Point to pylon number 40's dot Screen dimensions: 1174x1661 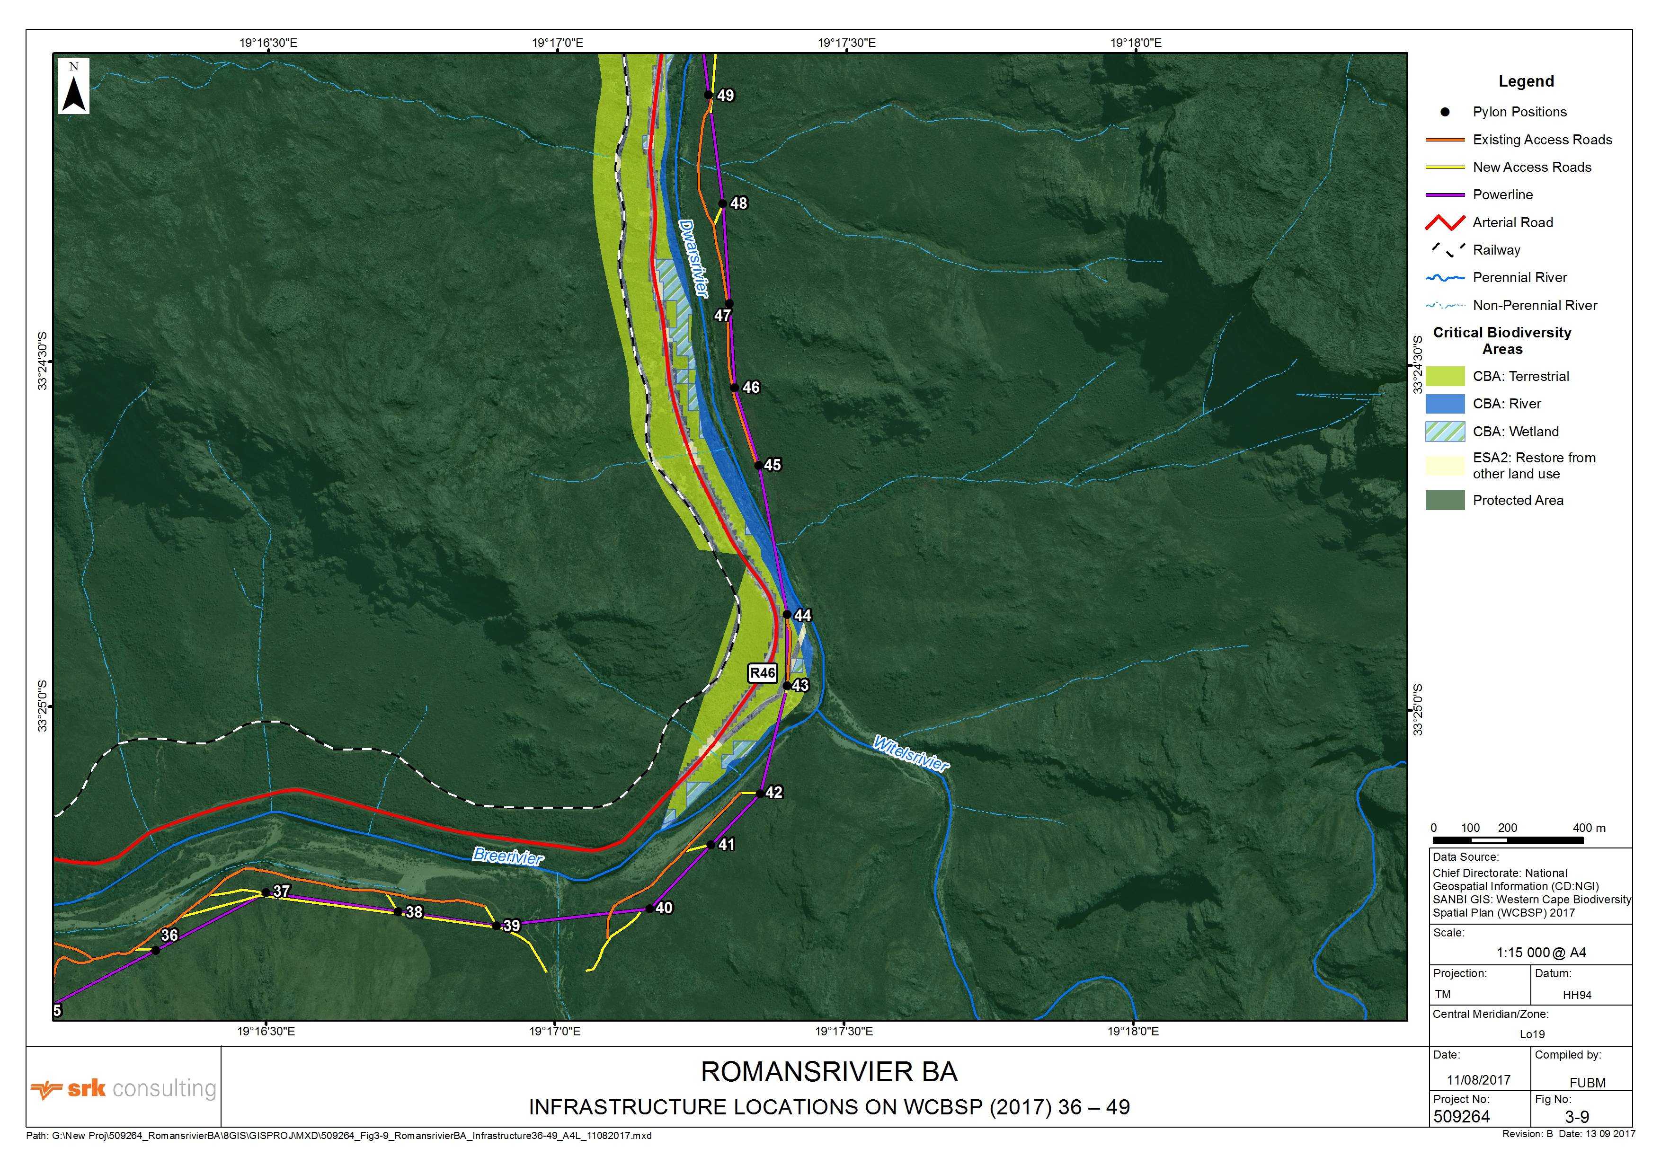[x=649, y=909]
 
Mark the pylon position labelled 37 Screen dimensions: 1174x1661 [x=266, y=892]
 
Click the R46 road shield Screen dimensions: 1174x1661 [x=763, y=673]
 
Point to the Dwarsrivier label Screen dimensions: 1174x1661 [x=693, y=258]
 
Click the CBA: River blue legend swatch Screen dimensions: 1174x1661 [x=1445, y=404]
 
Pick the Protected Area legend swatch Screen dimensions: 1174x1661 [x=1445, y=500]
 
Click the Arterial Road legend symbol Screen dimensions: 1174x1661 [x=1445, y=222]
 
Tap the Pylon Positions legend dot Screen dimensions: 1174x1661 [x=1445, y=112]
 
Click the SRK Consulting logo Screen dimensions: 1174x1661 [x=123, y=1089]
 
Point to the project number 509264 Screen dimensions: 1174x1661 [x=1461, y=1117]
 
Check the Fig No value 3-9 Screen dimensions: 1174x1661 [x=1577, y=1117]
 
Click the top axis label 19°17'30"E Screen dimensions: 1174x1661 [x=846, y=43]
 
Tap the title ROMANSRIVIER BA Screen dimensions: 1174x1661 [x=829, y=1072]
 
